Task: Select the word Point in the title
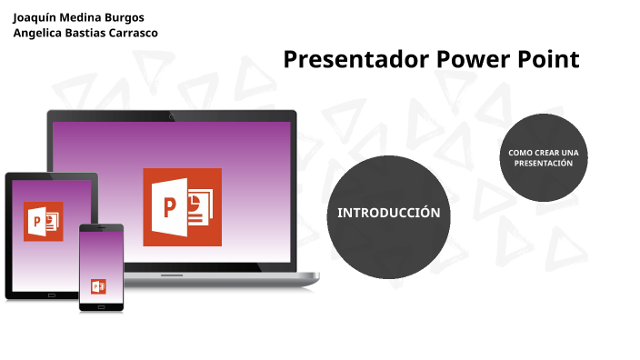[x=545, y=60]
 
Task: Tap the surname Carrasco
[x=130, y=33]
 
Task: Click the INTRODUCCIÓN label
[x=389, y=213]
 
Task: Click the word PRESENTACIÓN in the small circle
[x=543, y=164]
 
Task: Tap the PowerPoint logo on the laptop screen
[x=182, y=206]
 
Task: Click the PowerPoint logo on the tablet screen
[x=43, y=221]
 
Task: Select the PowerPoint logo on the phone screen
[x=98, y=286]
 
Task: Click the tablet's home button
[x=51, y=295]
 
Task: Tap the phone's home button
[x=101, y=305]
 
